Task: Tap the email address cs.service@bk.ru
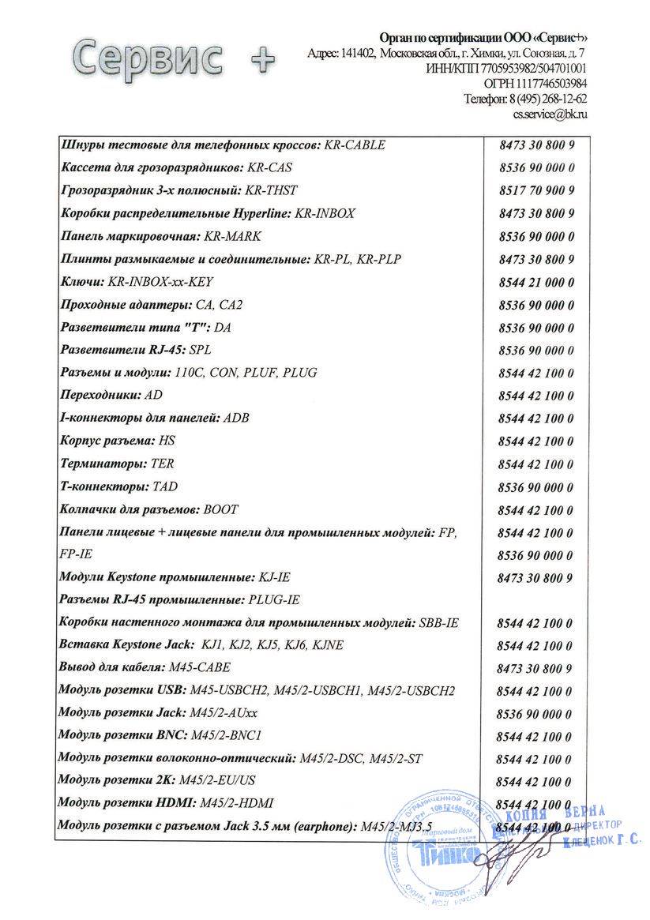coord(550,114)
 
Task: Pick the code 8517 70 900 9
coord(537,190)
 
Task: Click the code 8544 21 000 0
coord(537,281)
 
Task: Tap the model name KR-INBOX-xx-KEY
coord(160,281)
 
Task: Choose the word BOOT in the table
coord(220,509)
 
